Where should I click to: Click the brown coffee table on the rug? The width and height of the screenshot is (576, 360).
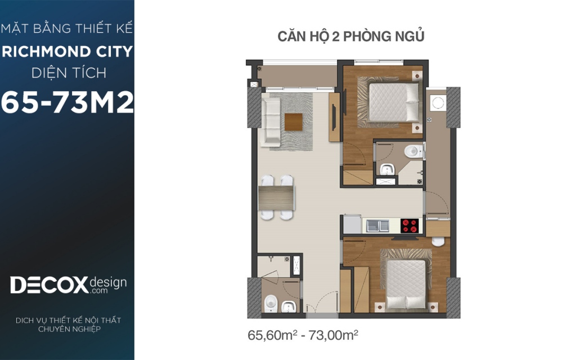click(x=293, y=122)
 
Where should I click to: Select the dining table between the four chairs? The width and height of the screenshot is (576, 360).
click(x=276, y=198)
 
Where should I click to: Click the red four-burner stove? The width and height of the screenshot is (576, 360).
click(x=409, y=226)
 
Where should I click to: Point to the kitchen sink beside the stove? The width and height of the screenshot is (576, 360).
click(x=377, y=226)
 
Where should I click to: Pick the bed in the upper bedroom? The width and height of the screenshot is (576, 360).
click(x=393, y=102)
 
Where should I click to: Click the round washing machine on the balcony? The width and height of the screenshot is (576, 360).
click(x=438, y=102)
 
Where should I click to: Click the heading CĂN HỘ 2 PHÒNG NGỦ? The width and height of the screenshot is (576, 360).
click(x=351, y=37)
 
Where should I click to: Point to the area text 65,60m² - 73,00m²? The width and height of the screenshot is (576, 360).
click(x=303, y=335)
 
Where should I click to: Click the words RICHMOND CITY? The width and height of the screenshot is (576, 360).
click(x=67, y=51)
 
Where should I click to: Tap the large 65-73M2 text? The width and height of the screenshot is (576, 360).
click(x=67, y=102)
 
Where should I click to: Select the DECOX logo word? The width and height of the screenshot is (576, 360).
click(x=49, y=285)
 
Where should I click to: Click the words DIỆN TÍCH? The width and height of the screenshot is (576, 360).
click(x=69, y=73)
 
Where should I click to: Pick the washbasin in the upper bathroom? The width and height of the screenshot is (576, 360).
click(x=387, y=169)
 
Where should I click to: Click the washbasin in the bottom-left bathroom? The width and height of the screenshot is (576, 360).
click(x=289, y=306)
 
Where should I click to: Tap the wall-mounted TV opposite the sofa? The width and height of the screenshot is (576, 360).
click(x=334, y=118)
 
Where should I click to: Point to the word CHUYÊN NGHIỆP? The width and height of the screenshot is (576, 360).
click(x=69, y=329)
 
